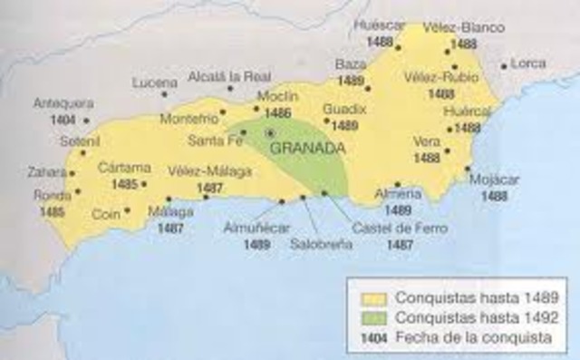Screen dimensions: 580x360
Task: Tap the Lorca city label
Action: pos(529,63)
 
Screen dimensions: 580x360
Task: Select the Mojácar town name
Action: pos(495,180)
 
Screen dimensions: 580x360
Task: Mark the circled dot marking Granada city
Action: pos(268,133)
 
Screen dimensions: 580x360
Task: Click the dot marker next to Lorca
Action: pos(504,65)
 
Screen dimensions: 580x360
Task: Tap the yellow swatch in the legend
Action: pos(375,297)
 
